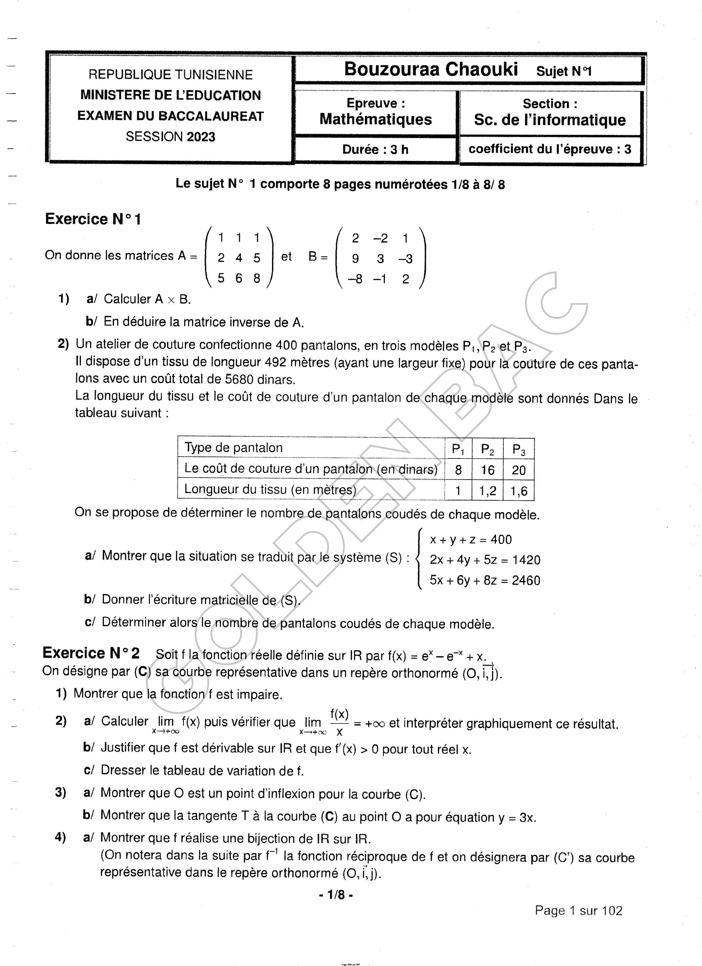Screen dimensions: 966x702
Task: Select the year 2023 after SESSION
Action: [x=200, y=137]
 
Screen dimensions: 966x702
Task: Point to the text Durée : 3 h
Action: [x=375, y=149]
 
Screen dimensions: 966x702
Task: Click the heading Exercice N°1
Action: [x=93, y=219]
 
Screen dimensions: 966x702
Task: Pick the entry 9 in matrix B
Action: [x=355, y=259]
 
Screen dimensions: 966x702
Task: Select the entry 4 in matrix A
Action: [x=238, y=258]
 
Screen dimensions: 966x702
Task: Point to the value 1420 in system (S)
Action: [x=526, y=560]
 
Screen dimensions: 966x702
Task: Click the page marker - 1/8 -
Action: [x=336, y=895]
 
